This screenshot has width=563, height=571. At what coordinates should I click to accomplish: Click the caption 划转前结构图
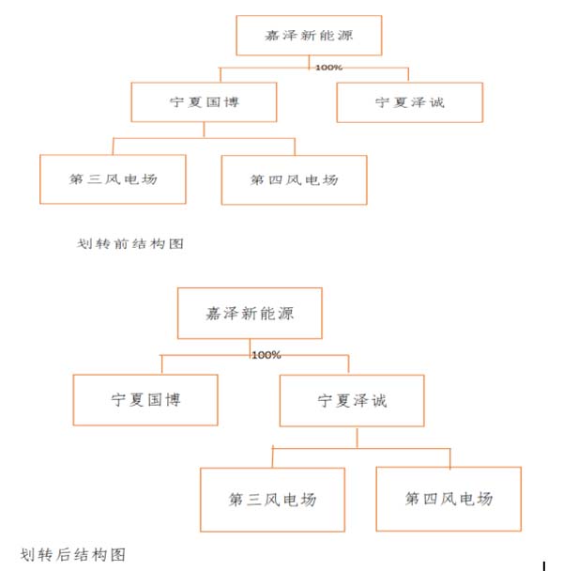pyautogui.click(x=129, y=243)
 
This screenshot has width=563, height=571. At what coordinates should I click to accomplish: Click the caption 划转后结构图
pyautogui.click(x=73, y=555)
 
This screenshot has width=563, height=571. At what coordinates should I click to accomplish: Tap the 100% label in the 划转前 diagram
pyautogui.click(x=328, y=68)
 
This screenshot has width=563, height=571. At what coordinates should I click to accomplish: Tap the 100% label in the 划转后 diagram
pyautogui.click(x=266, y=355)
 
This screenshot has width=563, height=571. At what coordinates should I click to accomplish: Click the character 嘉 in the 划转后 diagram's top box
pyautogui.click(x=213, y=314)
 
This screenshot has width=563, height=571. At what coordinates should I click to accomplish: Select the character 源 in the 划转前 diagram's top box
pyautogui.click(x=345, y=36)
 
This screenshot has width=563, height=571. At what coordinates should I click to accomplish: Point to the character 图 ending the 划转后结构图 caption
pyautogui.click(x=118, y=555)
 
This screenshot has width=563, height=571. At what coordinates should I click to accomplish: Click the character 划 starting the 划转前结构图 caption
pyautogui.click(x=84, y=243)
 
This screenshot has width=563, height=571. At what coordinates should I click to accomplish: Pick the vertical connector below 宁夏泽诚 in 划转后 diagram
pyautogui.click(x=357, y=438)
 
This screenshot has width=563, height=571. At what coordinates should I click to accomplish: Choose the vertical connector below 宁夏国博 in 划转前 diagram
pyautogui.click(x=204, y=130)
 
